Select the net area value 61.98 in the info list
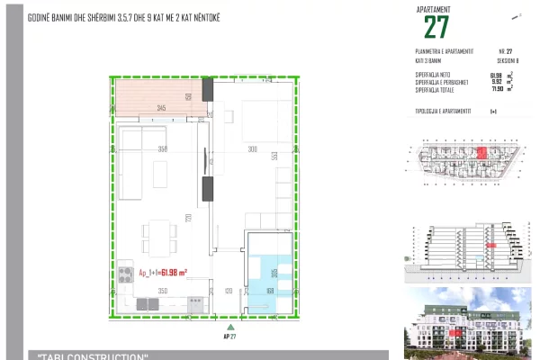pos(495,76)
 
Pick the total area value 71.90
pos(495,90)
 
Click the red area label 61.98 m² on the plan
pos(162,271)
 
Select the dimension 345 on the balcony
pos(160,108)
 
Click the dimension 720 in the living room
pos(189,218)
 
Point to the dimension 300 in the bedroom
pos(253,149)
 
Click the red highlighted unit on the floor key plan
pos(481,153)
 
